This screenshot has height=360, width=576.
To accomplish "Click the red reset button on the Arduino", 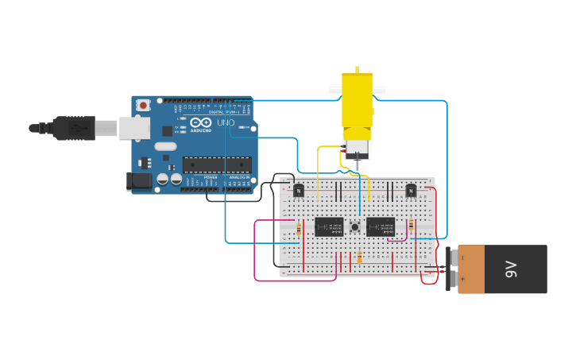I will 143,105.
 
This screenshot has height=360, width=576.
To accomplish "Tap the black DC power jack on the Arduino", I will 141,181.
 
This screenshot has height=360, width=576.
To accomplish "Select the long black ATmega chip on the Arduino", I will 216,165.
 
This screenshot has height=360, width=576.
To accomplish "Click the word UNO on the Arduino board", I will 226,122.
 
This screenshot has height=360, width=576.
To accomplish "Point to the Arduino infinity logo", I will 200,122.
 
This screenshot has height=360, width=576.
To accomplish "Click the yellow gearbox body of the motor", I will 357,100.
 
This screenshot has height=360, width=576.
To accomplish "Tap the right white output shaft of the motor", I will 379,91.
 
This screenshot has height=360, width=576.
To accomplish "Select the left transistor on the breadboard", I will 299,190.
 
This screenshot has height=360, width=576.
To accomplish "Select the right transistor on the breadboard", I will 411,190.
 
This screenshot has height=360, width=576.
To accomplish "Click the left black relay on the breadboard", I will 329,227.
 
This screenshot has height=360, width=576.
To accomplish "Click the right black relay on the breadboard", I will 381,227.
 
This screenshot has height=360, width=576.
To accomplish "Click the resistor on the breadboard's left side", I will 299,230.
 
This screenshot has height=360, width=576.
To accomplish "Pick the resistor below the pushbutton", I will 359,257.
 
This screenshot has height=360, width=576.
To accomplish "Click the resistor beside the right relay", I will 411,226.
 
